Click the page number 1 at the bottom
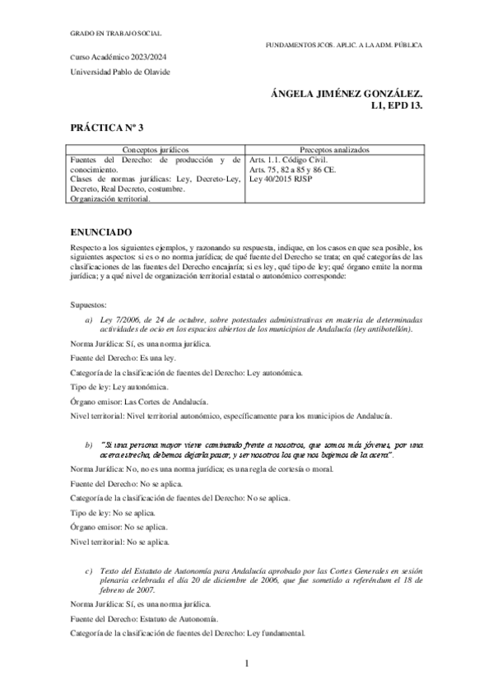(246, 663)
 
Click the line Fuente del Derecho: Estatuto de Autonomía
(145, 618)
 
